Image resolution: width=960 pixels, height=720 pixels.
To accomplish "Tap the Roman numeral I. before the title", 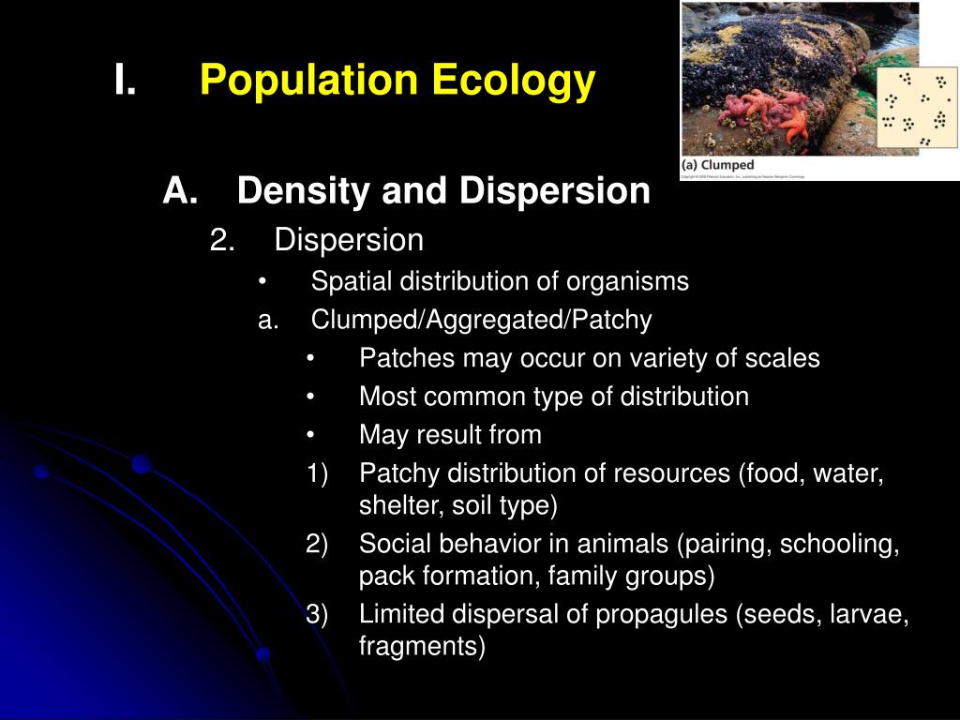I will [125, 82].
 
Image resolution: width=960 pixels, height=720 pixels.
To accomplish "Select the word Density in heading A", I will [294, 191].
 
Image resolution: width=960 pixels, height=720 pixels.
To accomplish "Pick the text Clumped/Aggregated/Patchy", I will [481, 321].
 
